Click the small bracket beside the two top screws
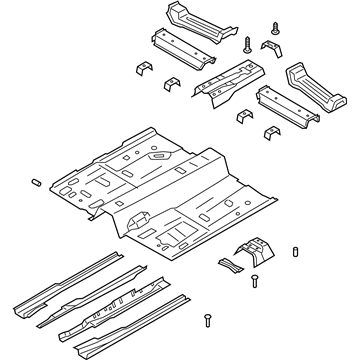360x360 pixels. (x=271, y=50)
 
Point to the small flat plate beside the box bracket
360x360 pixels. (x=231, y=265)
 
